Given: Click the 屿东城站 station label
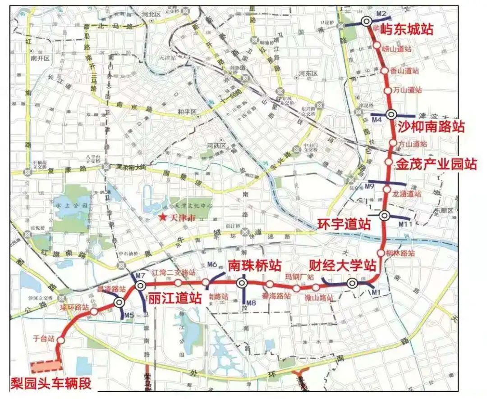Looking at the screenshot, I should point(407,30).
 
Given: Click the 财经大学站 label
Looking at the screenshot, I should point(342,264).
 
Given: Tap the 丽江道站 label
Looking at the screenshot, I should point(175,297).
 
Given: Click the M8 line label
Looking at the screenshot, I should point(251,303).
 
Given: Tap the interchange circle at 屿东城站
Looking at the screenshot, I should point(367,21).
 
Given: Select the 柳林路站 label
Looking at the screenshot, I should point(400,253).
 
